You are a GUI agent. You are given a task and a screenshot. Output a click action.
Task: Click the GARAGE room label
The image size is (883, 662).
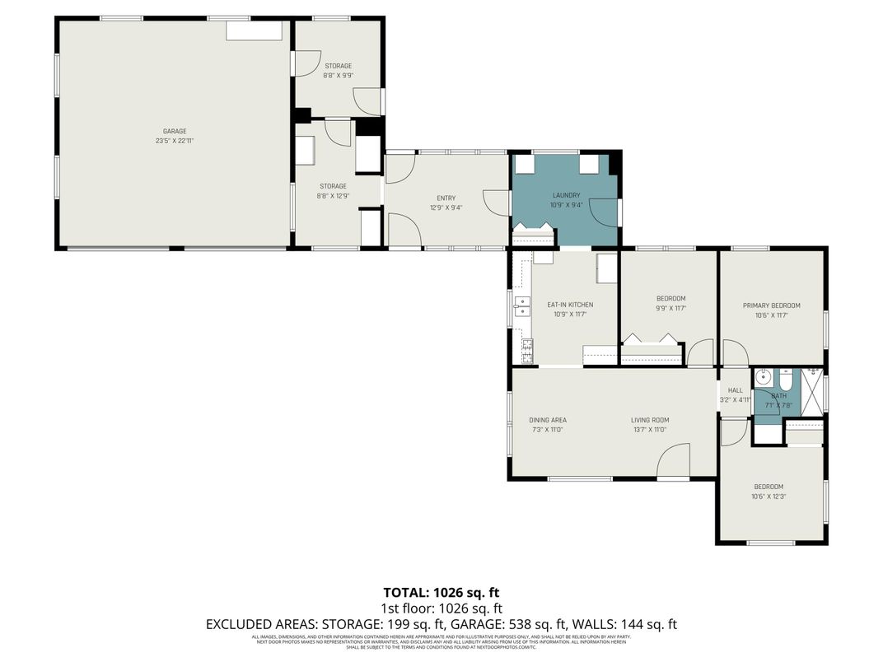(174, 131)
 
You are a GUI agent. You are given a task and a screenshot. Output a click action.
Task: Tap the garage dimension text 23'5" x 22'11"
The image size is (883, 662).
(174, 141)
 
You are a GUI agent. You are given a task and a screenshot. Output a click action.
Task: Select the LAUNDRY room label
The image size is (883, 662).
(566, 195)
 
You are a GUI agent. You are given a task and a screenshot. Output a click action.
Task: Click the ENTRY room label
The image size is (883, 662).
(446, 198)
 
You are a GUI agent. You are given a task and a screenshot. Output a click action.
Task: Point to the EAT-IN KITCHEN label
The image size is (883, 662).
(570, 305)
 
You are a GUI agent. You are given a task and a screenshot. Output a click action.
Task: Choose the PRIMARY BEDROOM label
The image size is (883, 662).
(771, 305)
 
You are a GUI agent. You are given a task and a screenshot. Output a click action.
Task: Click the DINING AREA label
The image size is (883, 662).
(548, 420)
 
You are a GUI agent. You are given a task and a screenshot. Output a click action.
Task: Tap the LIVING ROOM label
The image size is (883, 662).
(649, 420)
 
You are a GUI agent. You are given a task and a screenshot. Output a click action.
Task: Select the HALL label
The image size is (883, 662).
(735, 390)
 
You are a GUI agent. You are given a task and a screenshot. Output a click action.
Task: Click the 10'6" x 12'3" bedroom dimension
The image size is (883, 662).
(767, 496)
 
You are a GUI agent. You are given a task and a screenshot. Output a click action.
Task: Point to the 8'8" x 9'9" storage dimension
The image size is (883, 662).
(338, 75)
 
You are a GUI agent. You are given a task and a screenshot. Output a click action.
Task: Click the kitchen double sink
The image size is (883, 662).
(521, 306)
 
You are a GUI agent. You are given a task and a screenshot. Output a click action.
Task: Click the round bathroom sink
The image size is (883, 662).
(764, 379)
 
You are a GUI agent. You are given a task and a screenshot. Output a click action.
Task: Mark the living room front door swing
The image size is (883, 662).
(674, 461)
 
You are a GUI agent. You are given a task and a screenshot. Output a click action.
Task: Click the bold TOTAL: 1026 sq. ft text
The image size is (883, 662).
(441, 592)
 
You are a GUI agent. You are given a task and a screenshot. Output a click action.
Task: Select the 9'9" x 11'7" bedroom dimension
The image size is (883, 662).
(670, 308)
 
